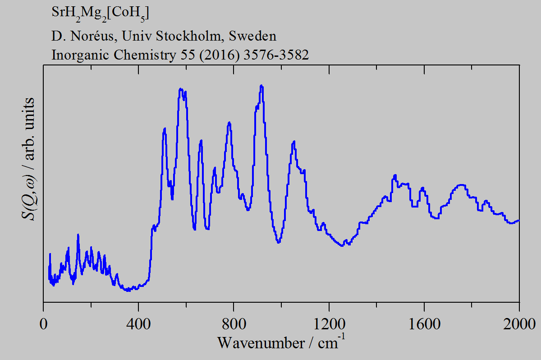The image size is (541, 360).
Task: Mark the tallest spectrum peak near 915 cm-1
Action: click(261, 86)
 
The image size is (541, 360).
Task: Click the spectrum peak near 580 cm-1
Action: click(181, 89)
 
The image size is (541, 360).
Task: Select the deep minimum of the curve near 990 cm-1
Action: click(279, 242)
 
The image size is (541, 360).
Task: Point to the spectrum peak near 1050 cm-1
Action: click(294, 142)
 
